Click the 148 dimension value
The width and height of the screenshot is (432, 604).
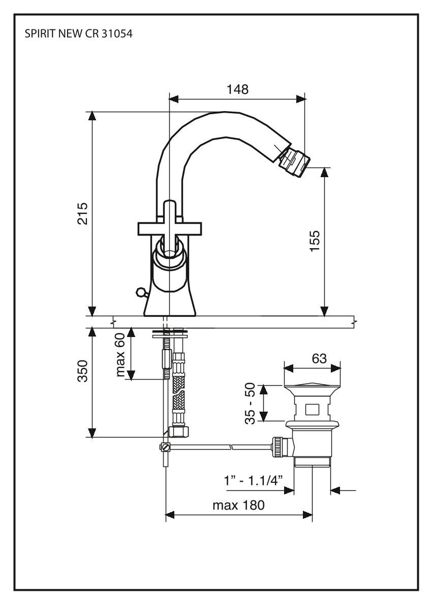[237, 89]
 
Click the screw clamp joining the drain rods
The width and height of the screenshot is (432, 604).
[165, 447]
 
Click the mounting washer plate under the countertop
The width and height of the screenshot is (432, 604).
[170, 334]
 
